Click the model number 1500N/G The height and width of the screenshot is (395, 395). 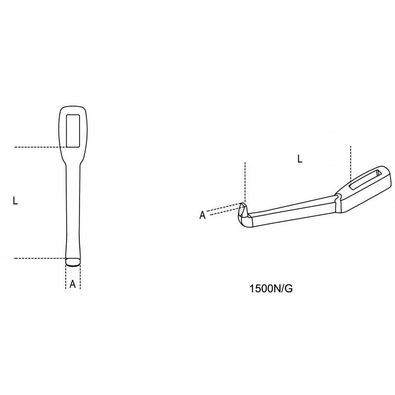(271, 289)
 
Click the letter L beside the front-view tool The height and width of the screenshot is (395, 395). (15, 201)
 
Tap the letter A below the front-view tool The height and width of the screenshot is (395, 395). (73, 284)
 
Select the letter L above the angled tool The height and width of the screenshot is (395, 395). (300, 159)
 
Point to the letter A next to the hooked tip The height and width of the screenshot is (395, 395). (202, 215)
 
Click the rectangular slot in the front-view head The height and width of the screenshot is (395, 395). (73, 131)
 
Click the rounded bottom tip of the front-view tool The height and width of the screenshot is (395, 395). (73, 262)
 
